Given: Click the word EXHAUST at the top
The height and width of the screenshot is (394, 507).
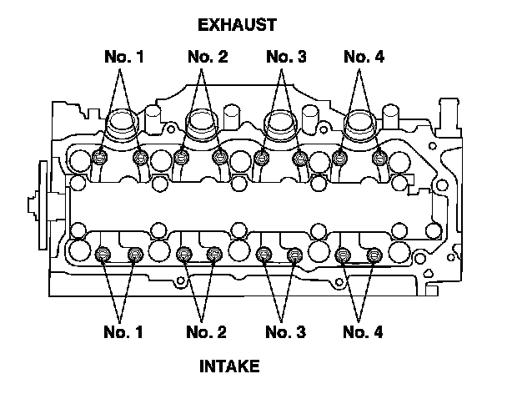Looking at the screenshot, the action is (238, 25).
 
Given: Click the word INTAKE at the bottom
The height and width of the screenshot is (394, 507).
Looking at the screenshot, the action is (229, 366).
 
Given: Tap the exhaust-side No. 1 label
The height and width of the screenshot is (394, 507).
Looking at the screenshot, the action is (124, 57).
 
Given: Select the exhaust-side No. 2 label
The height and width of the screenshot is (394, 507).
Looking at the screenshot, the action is (208, 57).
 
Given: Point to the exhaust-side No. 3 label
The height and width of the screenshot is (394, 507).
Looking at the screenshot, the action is (286, 57).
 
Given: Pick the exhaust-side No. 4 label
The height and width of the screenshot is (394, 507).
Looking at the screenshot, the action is (364, 57).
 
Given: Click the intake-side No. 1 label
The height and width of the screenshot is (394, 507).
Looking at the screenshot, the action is (123, 332).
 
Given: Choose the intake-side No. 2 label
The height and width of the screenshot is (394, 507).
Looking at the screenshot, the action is (206, 332).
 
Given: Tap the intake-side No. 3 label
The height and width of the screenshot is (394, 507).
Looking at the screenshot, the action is (285, 332).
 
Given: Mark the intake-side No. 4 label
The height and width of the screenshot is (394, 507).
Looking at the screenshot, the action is (363, 332).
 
